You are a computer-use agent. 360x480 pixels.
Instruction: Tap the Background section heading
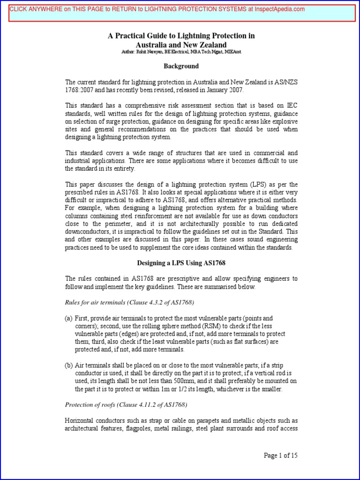[181, 67]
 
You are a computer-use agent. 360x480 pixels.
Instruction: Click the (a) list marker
[68, 318]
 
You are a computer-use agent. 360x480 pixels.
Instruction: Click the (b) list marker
[68, 365]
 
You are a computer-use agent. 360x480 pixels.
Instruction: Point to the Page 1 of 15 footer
[281, 456]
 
